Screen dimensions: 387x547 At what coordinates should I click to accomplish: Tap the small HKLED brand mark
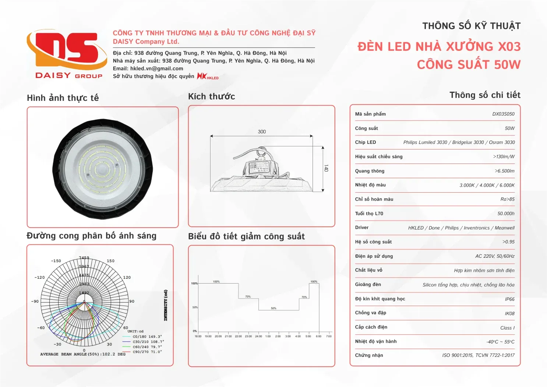coord(208,76)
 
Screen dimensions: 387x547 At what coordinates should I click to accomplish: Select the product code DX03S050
coord(503,114)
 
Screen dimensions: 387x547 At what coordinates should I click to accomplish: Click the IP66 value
coord(509,299)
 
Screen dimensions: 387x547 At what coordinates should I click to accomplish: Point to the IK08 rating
coord(509,314)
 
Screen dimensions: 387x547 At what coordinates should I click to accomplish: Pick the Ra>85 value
coord(507,199)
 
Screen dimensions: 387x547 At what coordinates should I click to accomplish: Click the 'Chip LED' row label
coord(365,143)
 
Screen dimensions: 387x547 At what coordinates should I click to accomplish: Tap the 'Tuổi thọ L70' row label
coord(369,214)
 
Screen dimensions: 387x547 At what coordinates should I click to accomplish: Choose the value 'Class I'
coord(507,328)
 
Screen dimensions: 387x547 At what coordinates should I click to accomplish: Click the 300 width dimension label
coord(262,132)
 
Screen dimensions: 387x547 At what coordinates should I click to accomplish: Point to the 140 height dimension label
coord(326,168)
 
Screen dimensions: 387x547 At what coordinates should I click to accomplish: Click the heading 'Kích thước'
coord(211,96)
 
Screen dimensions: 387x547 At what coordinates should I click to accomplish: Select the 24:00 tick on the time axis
coord(258,336)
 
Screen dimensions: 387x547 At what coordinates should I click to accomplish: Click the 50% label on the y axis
coord(195,307)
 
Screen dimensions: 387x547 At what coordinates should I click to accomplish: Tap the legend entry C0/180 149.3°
coord(147,337)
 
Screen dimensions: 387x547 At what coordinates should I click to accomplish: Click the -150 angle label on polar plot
coord(56,261)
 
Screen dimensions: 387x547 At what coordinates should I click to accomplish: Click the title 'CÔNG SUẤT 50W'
coord(469,65)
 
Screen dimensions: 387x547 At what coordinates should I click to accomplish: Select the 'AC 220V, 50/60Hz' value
coord(495,256)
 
